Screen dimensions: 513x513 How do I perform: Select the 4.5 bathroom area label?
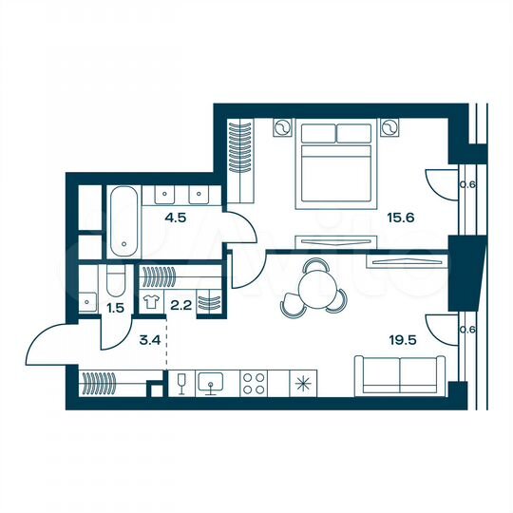pos(176,218)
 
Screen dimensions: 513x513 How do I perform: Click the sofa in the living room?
pos(399,375)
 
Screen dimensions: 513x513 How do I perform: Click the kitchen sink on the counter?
pos(212,384)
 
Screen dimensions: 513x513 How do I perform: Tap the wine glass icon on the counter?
pos(180,384)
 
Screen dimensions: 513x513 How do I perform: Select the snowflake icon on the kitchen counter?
pos(302,384)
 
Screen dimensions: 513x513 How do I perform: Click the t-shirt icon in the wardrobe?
pos(152,303)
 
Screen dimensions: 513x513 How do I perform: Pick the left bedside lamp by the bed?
pos(281,128)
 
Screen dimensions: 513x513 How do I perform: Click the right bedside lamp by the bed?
pos(388,128)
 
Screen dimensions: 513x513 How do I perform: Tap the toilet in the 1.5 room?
pos(115,282)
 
